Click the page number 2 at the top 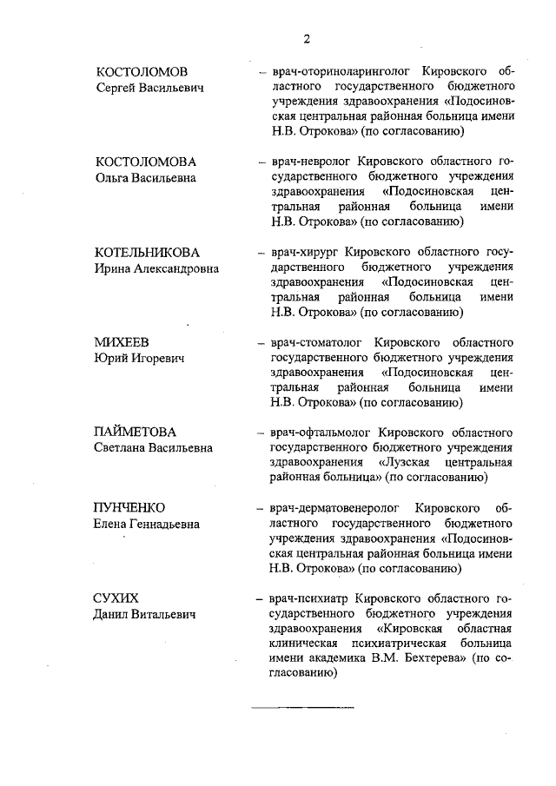click(x=307, y=38)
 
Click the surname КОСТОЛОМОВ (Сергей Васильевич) click(x=142, y=71)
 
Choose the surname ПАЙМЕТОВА click(x=136, y=432)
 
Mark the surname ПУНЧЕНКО click(x=130, y=507)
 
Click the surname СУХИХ click(x=116, y=598)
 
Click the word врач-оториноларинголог click(x=334, y=71)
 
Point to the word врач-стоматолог click(x=316, y=342)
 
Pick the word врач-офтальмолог click(x=319, y=432)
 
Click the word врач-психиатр click(x=308, y=598)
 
